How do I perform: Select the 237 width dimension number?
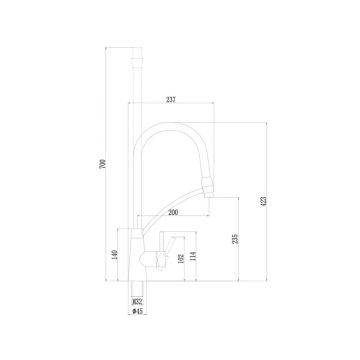[x=171, y=100]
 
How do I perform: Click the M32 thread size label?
[x=138, y=327]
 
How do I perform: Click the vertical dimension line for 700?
[x=109, y=170]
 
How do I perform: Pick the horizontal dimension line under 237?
[x=172, y=105]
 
